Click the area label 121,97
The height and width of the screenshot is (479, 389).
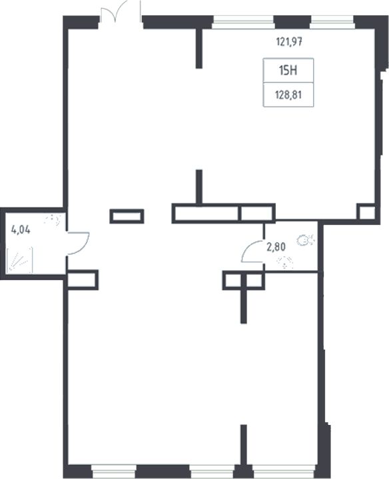[x=289, y=41]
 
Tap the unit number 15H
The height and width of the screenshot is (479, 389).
[x=288, y=71]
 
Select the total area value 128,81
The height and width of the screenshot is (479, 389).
[x=288, y=95]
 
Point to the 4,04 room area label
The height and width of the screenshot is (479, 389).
[x=21, y=229]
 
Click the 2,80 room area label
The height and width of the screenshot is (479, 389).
[x=276, y=247]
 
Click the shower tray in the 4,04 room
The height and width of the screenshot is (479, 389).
[x=19, y=260]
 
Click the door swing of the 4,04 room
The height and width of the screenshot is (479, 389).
[x=82, y=243]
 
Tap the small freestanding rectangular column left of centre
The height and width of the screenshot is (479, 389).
[x=127, y=216]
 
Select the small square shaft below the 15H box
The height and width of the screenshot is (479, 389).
[x=367, y=212]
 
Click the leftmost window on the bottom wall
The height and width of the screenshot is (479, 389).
[x=113, y=471]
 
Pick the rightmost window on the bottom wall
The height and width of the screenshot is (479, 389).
[x=284, y=471]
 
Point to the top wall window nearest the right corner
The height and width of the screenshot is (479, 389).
[x=332, y=22]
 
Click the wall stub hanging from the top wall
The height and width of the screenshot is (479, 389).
[x=199, y=48]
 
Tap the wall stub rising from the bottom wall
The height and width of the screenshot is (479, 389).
[x=244, y=445]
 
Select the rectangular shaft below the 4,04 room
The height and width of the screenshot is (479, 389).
[x=83, y=280]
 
